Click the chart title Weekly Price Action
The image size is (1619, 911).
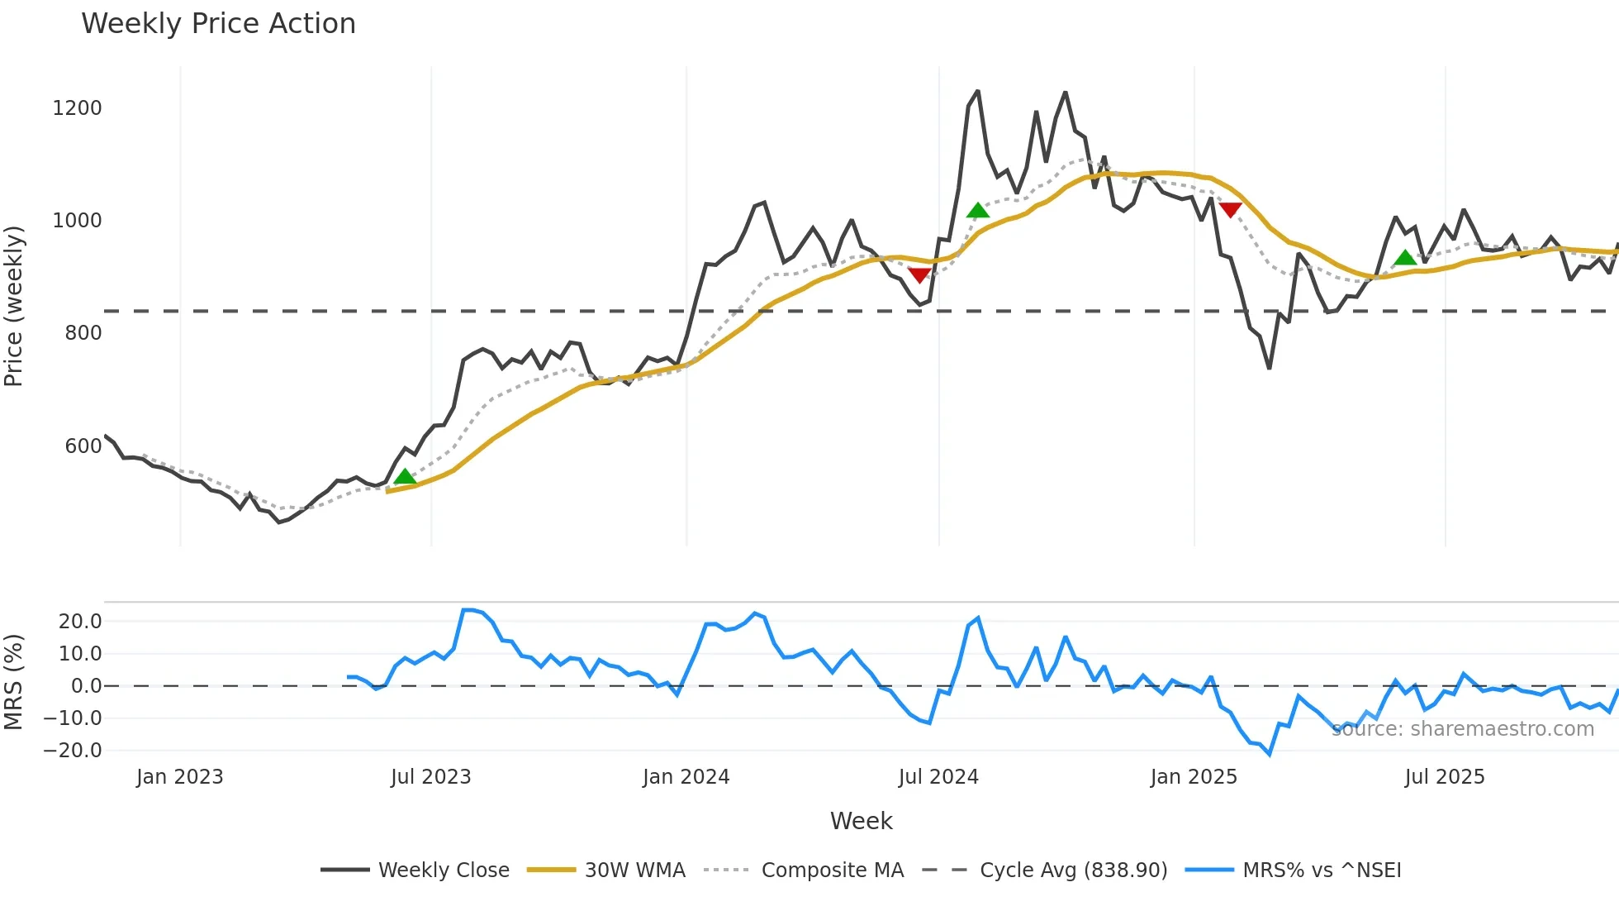218,24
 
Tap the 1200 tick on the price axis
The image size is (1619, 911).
77,108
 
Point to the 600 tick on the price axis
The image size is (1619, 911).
83,446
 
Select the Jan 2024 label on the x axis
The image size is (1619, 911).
686,777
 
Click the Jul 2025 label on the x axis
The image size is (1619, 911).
1444,777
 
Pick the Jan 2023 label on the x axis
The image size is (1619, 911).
179,777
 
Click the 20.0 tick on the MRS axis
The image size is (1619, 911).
80,622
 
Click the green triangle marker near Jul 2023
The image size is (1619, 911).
405,476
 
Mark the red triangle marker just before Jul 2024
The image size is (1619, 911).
919,274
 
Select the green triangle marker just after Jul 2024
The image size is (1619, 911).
978,210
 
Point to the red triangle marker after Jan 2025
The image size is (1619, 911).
1230,210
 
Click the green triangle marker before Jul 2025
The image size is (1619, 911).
1405,258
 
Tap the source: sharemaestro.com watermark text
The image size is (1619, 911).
1463,729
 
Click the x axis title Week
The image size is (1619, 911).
861,821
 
